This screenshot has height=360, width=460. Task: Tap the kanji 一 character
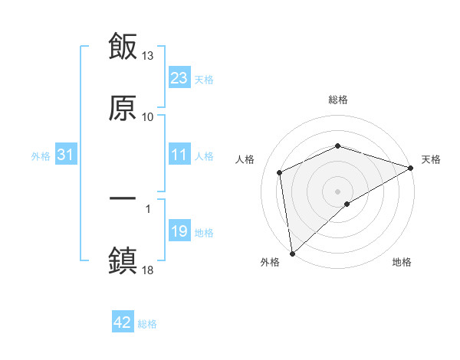coord(123,198)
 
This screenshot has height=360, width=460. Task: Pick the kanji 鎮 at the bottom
coord(123,260)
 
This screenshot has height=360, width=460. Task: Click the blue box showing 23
coord(179,78)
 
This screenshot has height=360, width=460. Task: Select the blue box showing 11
coord(179,155)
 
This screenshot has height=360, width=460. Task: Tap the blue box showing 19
coord(179,232)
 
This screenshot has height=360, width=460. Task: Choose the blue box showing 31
coord(66,155)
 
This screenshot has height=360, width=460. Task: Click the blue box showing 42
coord(123,323)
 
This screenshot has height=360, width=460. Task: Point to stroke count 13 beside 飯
coord(148,56)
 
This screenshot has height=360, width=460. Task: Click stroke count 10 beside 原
coord(148,117)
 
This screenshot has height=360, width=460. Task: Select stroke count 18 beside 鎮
coord(148,270)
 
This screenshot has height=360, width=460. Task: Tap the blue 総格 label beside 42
coord(147,324)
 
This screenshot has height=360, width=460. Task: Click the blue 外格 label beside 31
coord(41,156)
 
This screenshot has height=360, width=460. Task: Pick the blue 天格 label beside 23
coord(204,79)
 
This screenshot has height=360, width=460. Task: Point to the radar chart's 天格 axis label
coord(431,159)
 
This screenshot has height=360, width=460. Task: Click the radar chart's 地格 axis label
coord(402,263)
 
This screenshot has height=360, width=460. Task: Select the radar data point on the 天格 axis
coord(411,168)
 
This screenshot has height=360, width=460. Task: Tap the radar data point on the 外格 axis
coord(291,253)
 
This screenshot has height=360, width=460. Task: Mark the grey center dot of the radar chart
coord(337,191)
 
